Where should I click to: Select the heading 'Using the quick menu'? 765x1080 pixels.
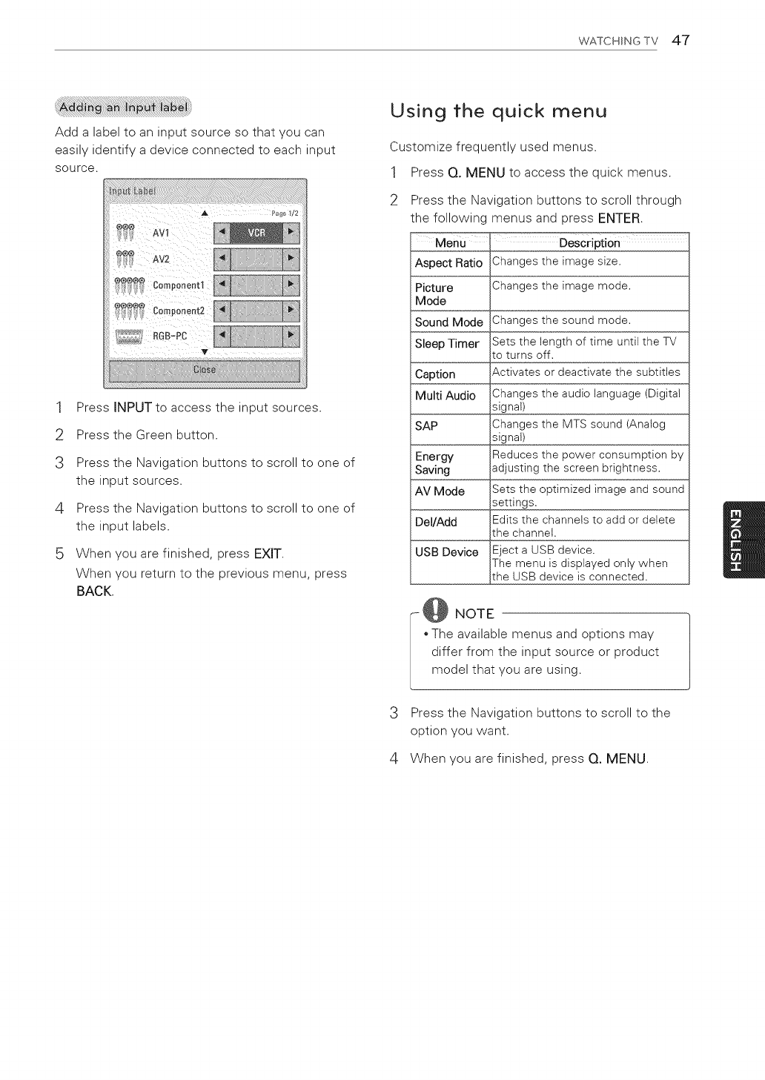[x=498, y=111]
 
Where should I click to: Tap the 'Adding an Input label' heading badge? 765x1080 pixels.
[x=124, y=107]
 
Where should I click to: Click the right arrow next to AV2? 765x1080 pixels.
[x=292, y=259]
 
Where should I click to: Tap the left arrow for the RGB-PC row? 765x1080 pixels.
[x=221, y=336]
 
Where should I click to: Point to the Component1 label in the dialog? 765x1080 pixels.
[x=178, y=285]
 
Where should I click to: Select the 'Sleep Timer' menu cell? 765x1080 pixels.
[x=447, y=344]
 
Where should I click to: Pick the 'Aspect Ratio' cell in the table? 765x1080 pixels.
[x=448, y=263]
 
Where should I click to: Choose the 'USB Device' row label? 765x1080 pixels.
[x=447, y=552]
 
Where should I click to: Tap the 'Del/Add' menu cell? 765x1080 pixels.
[x=436, y=522]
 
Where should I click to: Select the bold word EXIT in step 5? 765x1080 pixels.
[x=268, y=554]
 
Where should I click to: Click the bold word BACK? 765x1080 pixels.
[x=94, y=592]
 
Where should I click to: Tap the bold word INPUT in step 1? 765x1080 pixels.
[x=133, y=408]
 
